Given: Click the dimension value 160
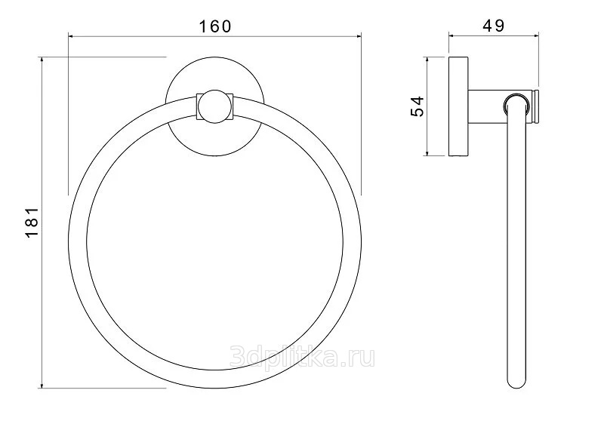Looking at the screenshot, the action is click(x=215, y=26).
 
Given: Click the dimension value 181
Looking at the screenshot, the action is click(x=32, y=222).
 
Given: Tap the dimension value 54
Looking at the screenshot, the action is click(x=418, y=106).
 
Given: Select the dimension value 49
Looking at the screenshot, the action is click(x=493, y=26).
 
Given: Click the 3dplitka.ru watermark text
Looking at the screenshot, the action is click(x=302, y=357).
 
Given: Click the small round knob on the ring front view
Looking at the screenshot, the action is click(x=214, y=106).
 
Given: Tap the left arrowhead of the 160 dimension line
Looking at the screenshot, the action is click(x=71, y=36).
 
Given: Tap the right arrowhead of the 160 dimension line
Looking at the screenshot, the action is click(x=359, y=36).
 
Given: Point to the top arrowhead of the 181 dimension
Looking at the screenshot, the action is click(x=42, y=60).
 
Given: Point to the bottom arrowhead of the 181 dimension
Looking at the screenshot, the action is click(x=42, y=385).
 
